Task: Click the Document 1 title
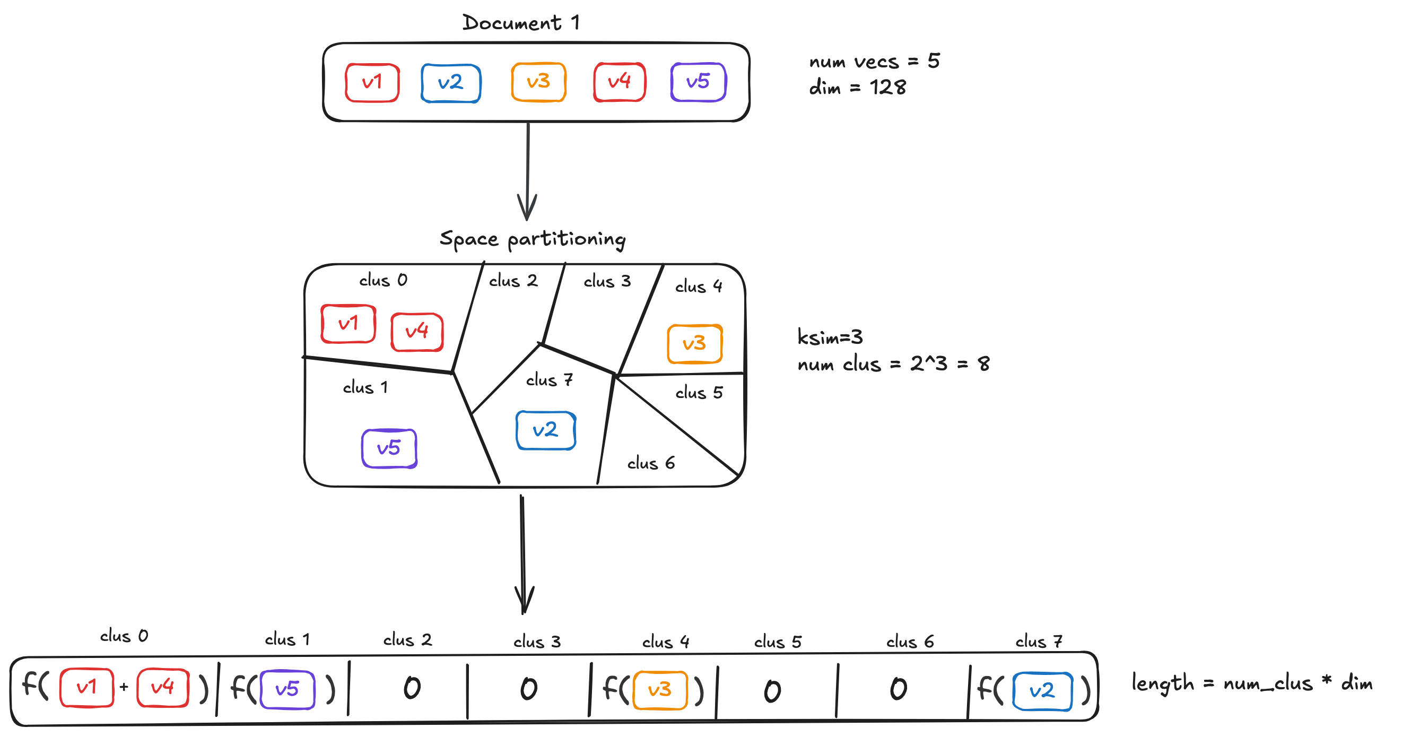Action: [520, 23]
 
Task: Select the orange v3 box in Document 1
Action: [538, 82]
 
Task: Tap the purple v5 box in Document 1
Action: [698, 82]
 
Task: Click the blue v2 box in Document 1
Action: [450, 83]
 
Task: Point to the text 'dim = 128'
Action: [857, 87]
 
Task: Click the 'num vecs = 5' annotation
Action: [874, 61]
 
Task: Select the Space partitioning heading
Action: [533, 239]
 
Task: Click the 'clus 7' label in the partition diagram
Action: [549, 380]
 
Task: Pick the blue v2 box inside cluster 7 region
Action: [546, 430]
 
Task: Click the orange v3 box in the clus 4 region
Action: [694, 343]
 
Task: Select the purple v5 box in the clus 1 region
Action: [389, 448]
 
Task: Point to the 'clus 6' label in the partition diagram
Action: [650, 463]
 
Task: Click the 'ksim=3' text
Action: [830, 337]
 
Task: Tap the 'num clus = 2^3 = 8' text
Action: [893, 364]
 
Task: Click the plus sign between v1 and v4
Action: [124, 687]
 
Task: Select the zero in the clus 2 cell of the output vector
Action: [412, 688]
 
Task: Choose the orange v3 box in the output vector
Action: [660, 689]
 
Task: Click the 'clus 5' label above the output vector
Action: [777, 642]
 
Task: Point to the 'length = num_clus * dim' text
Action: [1251, 683]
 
